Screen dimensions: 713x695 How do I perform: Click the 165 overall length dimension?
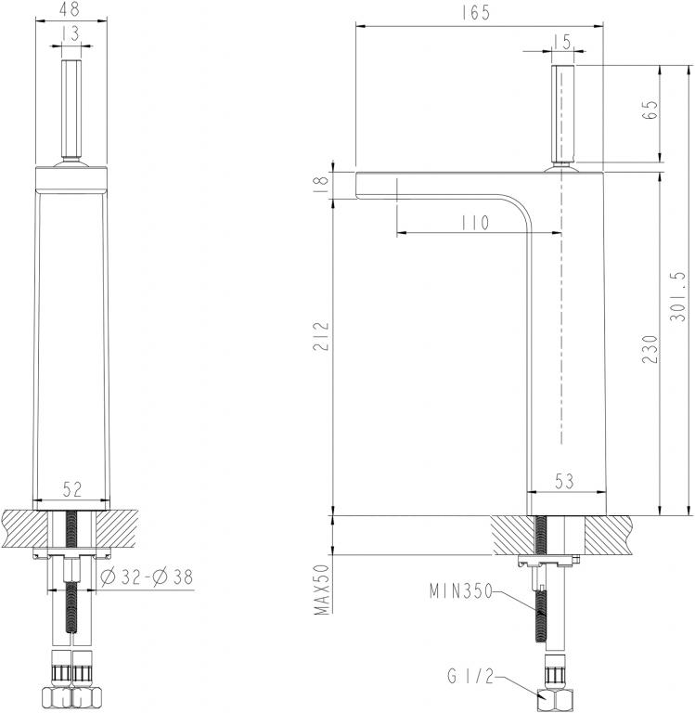[479, 13]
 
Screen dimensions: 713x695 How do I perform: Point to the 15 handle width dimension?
[562, 41]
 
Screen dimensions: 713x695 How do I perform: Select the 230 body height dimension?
[650, 348]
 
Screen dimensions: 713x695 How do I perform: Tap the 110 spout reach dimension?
[472, 223]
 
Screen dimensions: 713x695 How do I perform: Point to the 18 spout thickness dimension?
[321, 183]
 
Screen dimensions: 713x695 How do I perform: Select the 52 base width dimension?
[71, 487]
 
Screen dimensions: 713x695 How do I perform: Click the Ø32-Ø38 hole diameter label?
[145, 577]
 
